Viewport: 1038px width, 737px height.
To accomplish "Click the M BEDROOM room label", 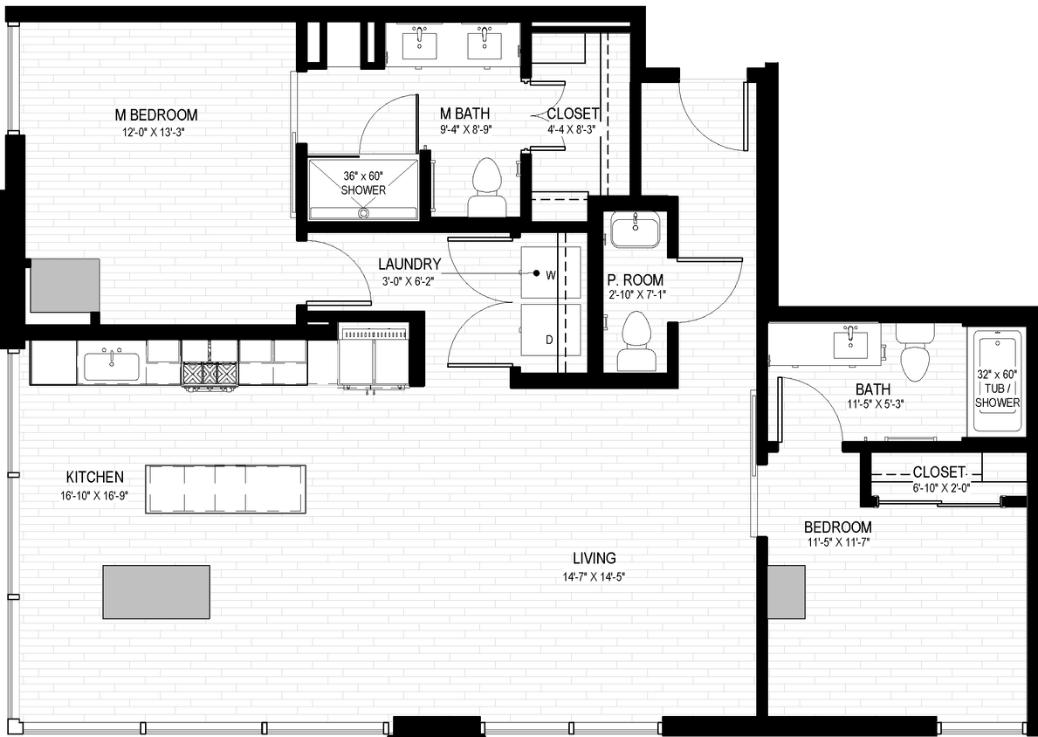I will (156, 114).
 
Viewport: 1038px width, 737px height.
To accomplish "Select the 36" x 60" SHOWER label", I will (363, 183).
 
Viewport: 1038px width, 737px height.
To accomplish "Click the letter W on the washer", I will (551, 274).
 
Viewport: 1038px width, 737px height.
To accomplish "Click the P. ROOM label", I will (636, 280).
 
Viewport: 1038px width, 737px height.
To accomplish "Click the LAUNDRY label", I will (409, 264).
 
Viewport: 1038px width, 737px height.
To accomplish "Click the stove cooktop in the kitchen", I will (210, 373).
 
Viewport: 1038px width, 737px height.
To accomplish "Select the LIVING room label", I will (595, 558).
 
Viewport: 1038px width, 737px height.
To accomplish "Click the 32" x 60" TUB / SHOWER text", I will (997, 389).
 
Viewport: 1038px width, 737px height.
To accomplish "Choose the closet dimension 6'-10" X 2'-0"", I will (938, 487).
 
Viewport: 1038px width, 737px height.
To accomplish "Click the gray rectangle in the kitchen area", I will (157, 592).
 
